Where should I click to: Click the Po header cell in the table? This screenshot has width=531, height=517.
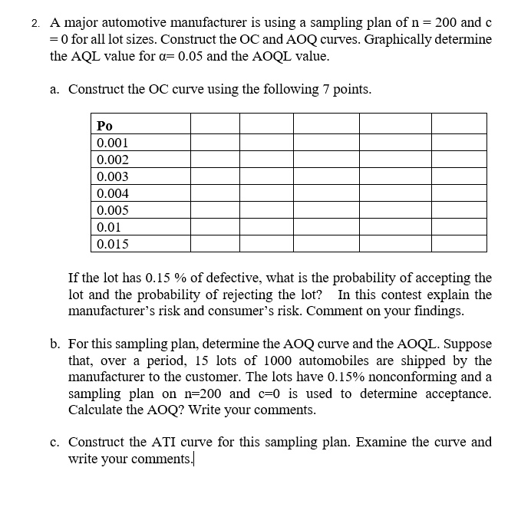[105, 125]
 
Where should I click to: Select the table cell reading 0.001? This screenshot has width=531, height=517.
[113, 143]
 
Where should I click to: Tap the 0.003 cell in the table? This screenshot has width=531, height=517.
[113, 176]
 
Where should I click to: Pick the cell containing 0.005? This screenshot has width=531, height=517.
[113, 210]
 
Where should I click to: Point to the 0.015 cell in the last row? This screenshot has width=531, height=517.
[113, 244]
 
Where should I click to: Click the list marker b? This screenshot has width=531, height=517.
[54, 344]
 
